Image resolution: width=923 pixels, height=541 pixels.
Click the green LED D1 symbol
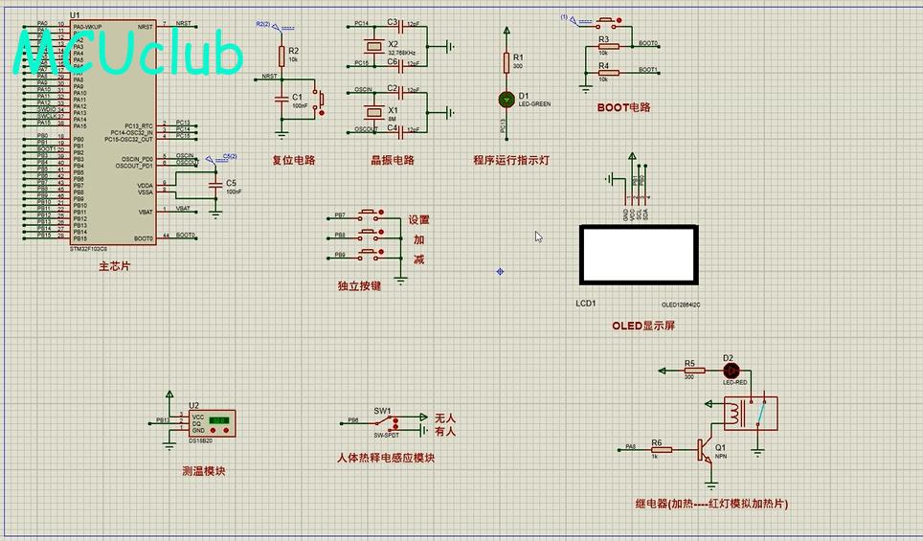pos(507,99)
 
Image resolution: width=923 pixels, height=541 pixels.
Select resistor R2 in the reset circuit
pos(281,55)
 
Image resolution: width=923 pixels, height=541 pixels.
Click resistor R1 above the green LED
pos(507,62)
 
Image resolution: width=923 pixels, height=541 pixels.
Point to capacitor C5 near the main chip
pos(215,184)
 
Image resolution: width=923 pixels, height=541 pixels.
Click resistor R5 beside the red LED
pos(690,370)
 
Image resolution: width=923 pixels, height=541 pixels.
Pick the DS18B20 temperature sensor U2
pos(211,421)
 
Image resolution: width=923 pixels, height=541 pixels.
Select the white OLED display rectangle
pos(639,255)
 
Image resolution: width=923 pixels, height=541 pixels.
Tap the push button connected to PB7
pos(370,214)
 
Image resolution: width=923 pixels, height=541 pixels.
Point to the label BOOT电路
pos(623,107)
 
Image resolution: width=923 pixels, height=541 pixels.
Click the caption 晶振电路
pos(393,160)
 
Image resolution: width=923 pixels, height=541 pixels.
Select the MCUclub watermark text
pos(129,54)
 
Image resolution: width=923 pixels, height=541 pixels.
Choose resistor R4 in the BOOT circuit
pos(604,72)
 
